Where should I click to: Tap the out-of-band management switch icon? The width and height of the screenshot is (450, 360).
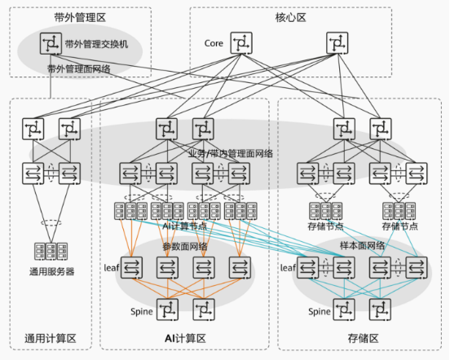pyautogui.click(x=51, y=43)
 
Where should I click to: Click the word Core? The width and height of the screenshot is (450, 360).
pyautogui.click(x=214, y=42)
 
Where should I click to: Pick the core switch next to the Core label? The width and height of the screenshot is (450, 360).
pyautogui.click(x=242, y=43)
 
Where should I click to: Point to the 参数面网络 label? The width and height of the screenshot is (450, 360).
pyautogui.click(x=184, y=245)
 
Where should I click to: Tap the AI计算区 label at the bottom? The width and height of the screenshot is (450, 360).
pyautogui.click(x=184, y=337)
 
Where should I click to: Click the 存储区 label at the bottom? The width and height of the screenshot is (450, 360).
pyautogui.click(x=362, y=337)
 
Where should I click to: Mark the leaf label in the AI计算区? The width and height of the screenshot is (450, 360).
pyautogui.click(x=111, y=266)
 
